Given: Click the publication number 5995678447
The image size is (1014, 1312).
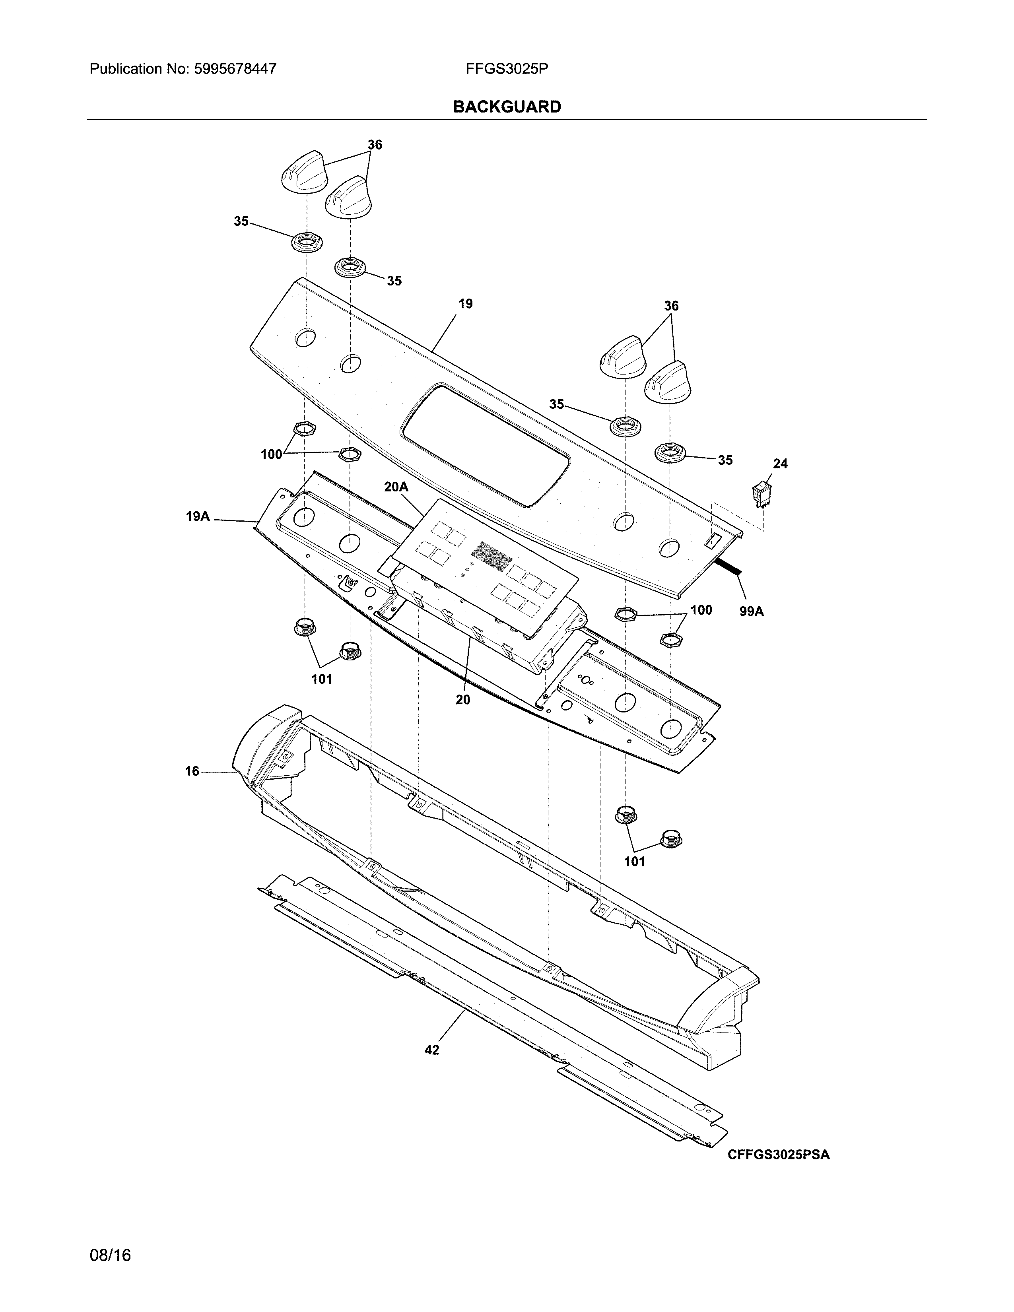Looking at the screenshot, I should (x=235, y=69).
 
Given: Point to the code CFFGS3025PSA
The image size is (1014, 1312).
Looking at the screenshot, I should (x=779, y=1155).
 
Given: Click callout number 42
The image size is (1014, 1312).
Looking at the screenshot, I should (x=431, y=1050).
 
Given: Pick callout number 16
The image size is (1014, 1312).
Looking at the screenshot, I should (x=192, y=771).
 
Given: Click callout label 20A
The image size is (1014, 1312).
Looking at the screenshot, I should (x=396, y=487).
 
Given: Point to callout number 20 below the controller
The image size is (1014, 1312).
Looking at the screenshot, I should (x=462, y=700).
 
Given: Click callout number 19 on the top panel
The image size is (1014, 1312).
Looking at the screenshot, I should (x=466, y=304).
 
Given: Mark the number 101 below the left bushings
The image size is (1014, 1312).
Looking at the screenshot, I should (x=322, y=679).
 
